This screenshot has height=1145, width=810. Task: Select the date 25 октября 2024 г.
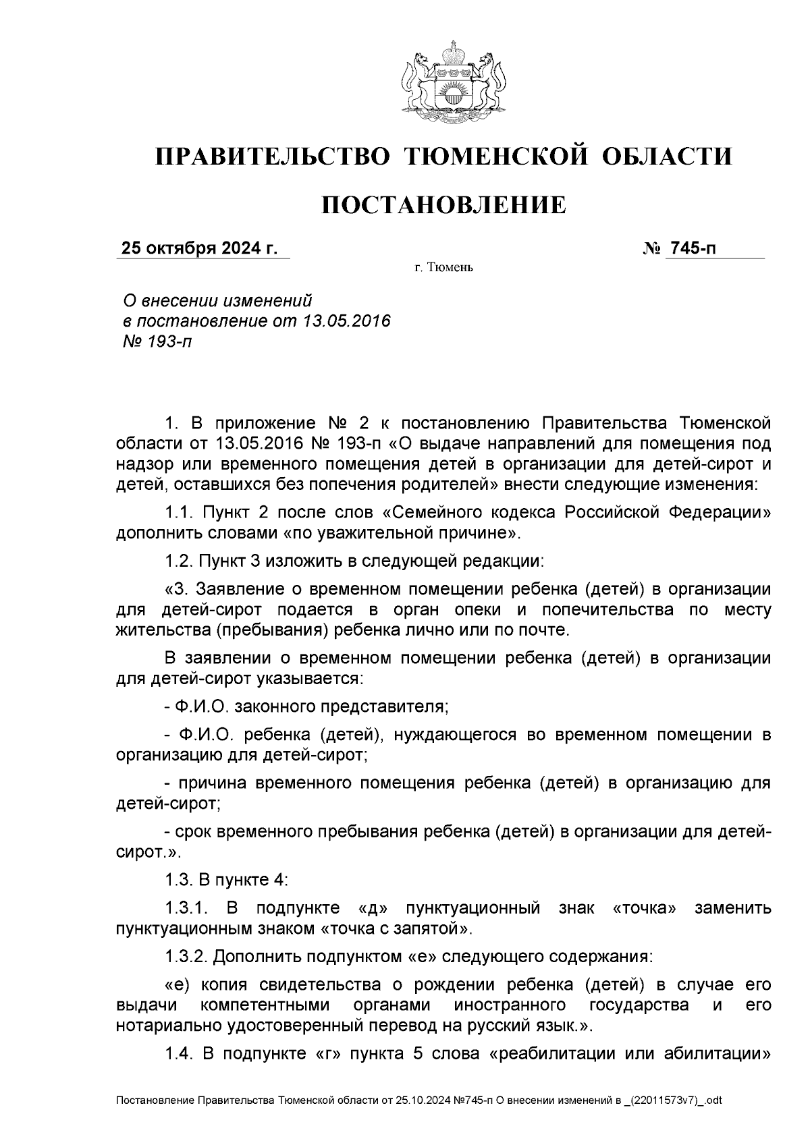tap(199, 249)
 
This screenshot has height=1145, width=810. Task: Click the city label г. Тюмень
tap(443, 268)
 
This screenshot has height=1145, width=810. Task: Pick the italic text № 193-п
tap(155, 341)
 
